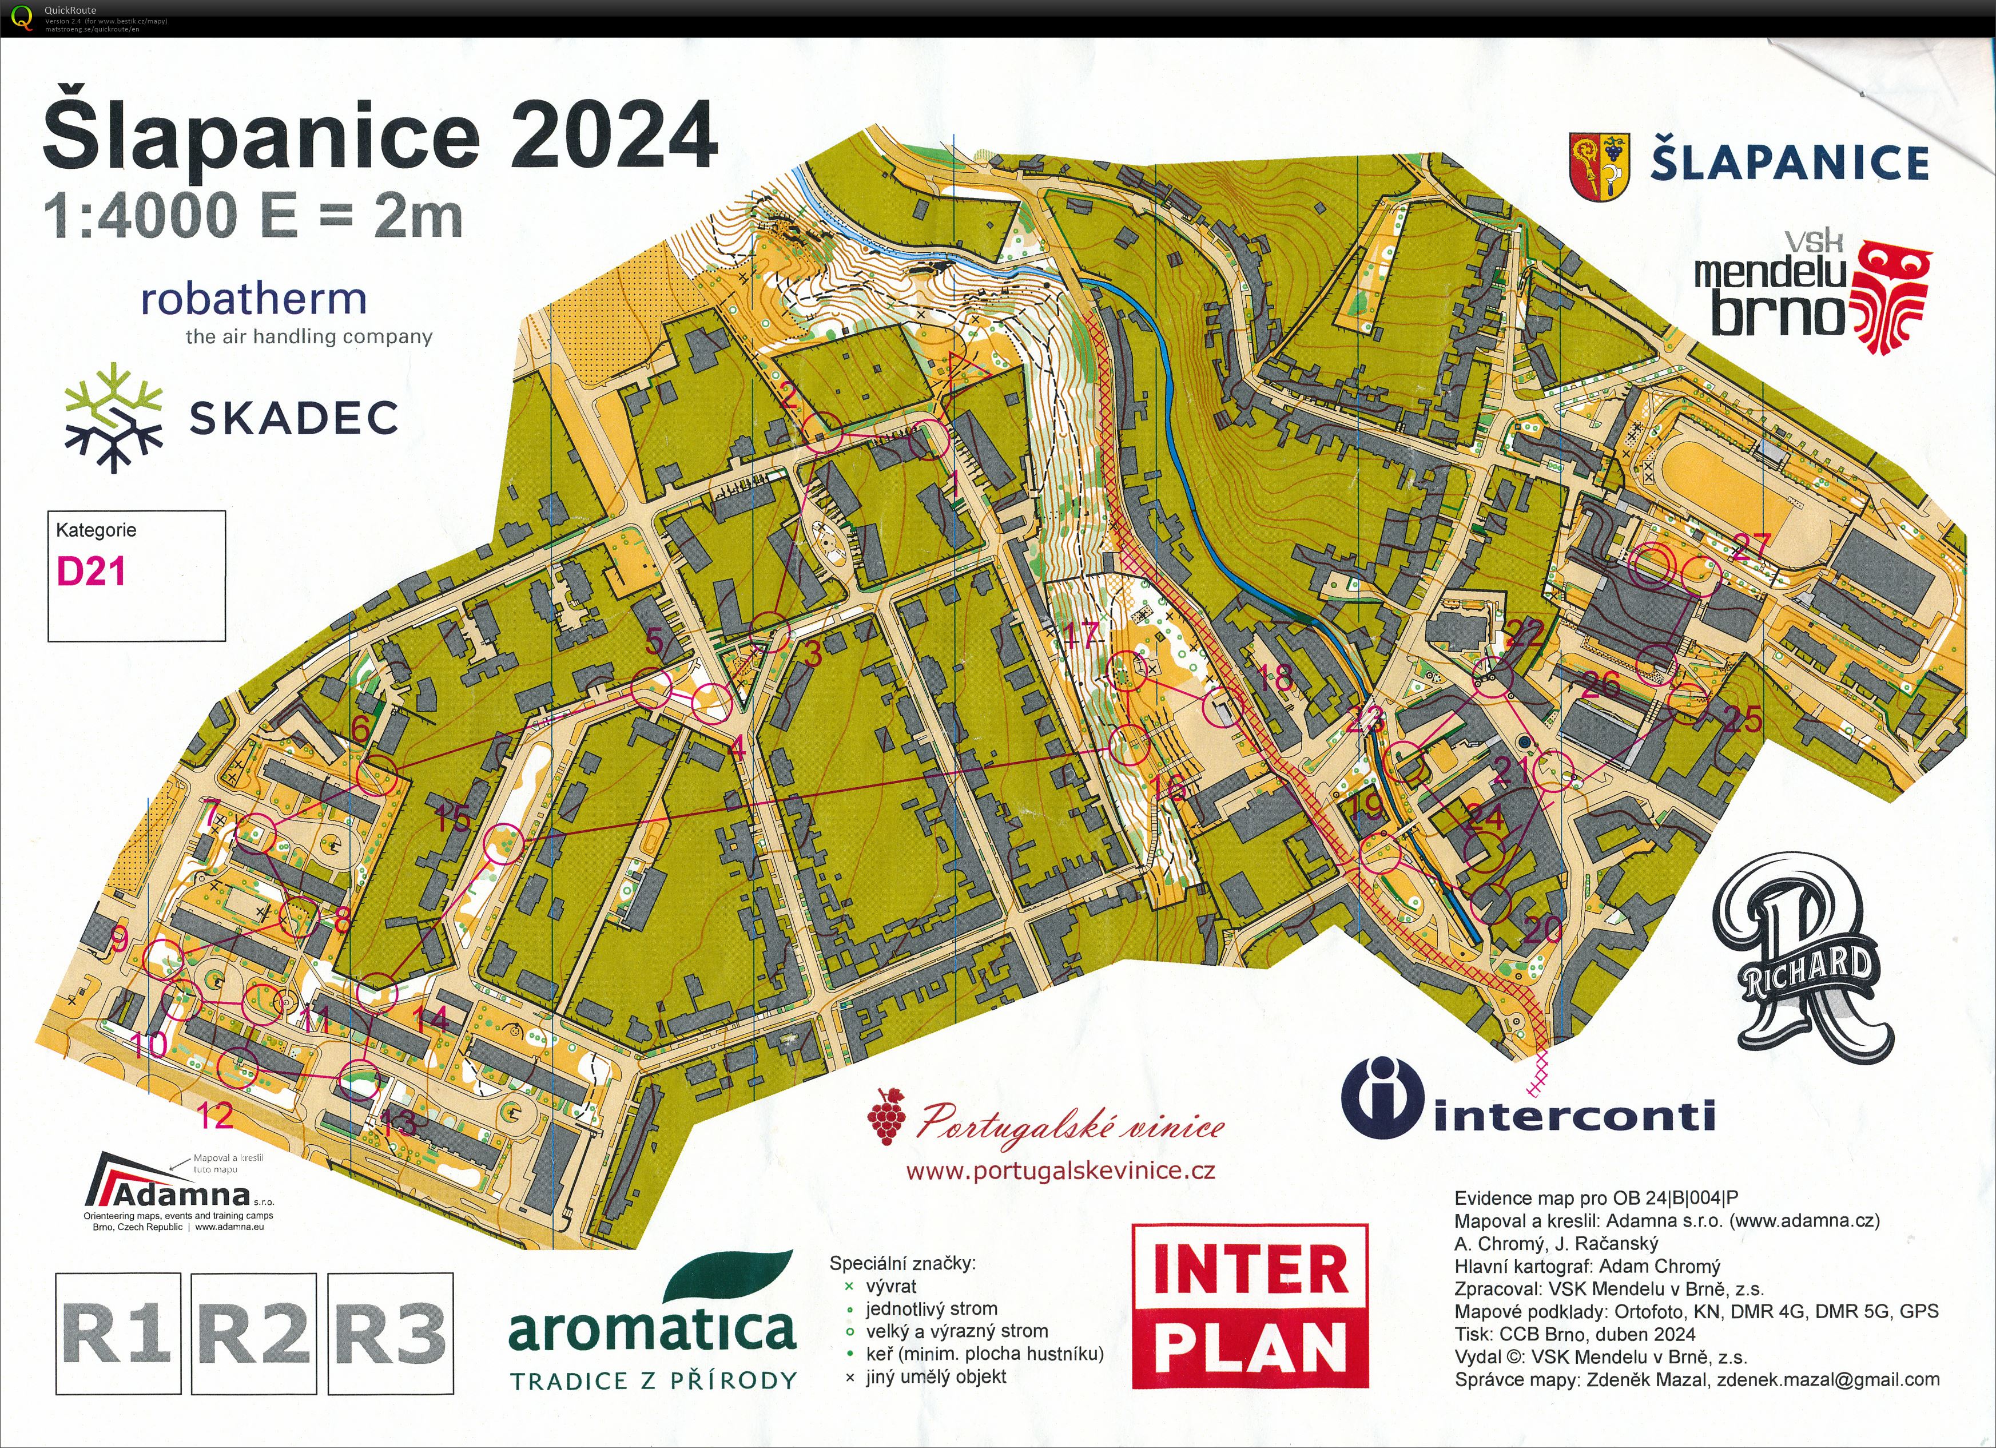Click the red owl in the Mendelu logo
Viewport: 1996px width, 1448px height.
[1892, 299]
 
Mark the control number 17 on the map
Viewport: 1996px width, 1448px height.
[1081, 634]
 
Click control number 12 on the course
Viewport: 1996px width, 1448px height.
[214, 1116]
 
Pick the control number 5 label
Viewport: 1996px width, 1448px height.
[654, 642]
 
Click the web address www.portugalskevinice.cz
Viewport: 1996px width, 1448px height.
[1060, 1171]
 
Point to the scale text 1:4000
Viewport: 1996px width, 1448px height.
[141, 216]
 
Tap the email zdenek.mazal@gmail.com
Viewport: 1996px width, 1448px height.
[1828, 1379]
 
